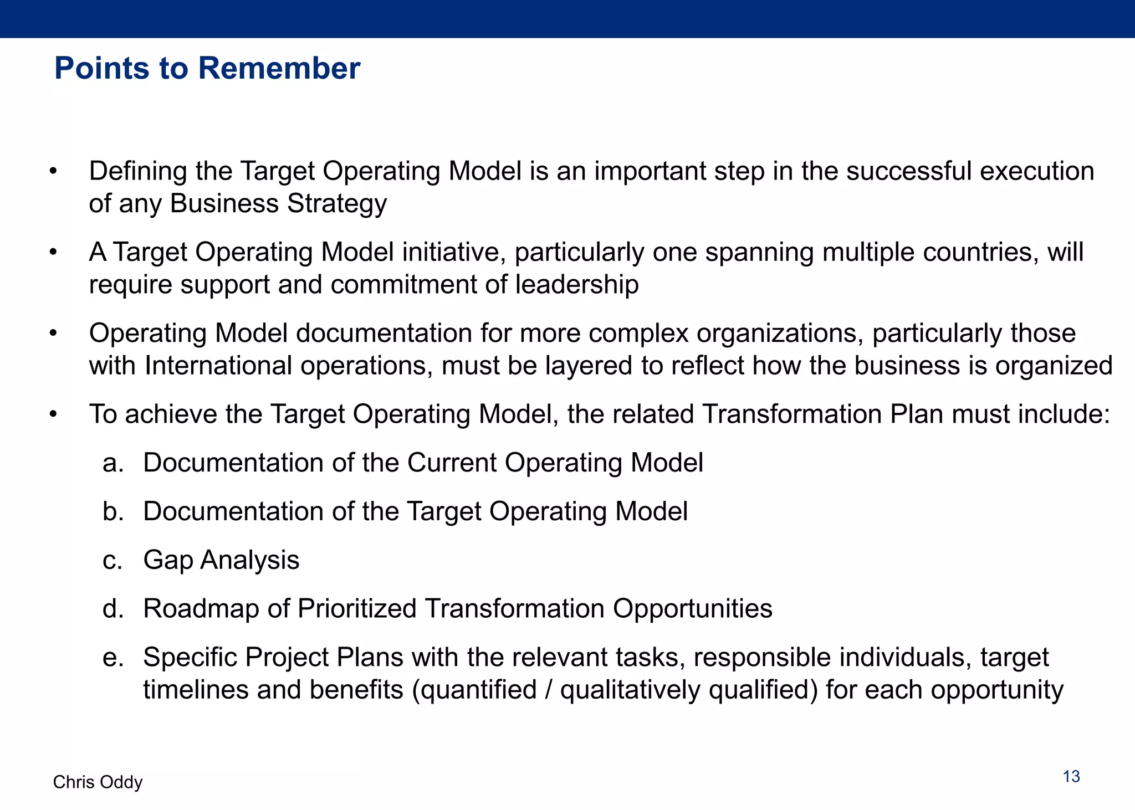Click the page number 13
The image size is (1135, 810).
tap(1071, 777)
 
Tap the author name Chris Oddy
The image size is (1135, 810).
tap(98, 782)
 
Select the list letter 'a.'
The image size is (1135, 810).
tap(113, 463)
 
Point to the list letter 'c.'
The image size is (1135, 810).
tap(113, 560)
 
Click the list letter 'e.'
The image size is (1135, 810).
tap(113, 658)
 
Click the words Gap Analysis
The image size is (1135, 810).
tap(221, 560)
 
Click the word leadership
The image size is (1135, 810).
tap(576, 285)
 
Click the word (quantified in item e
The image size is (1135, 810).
tap(474, 690)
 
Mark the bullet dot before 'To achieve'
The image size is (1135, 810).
tap(53, 414)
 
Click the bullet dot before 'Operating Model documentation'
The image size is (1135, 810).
tap(53, 334)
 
